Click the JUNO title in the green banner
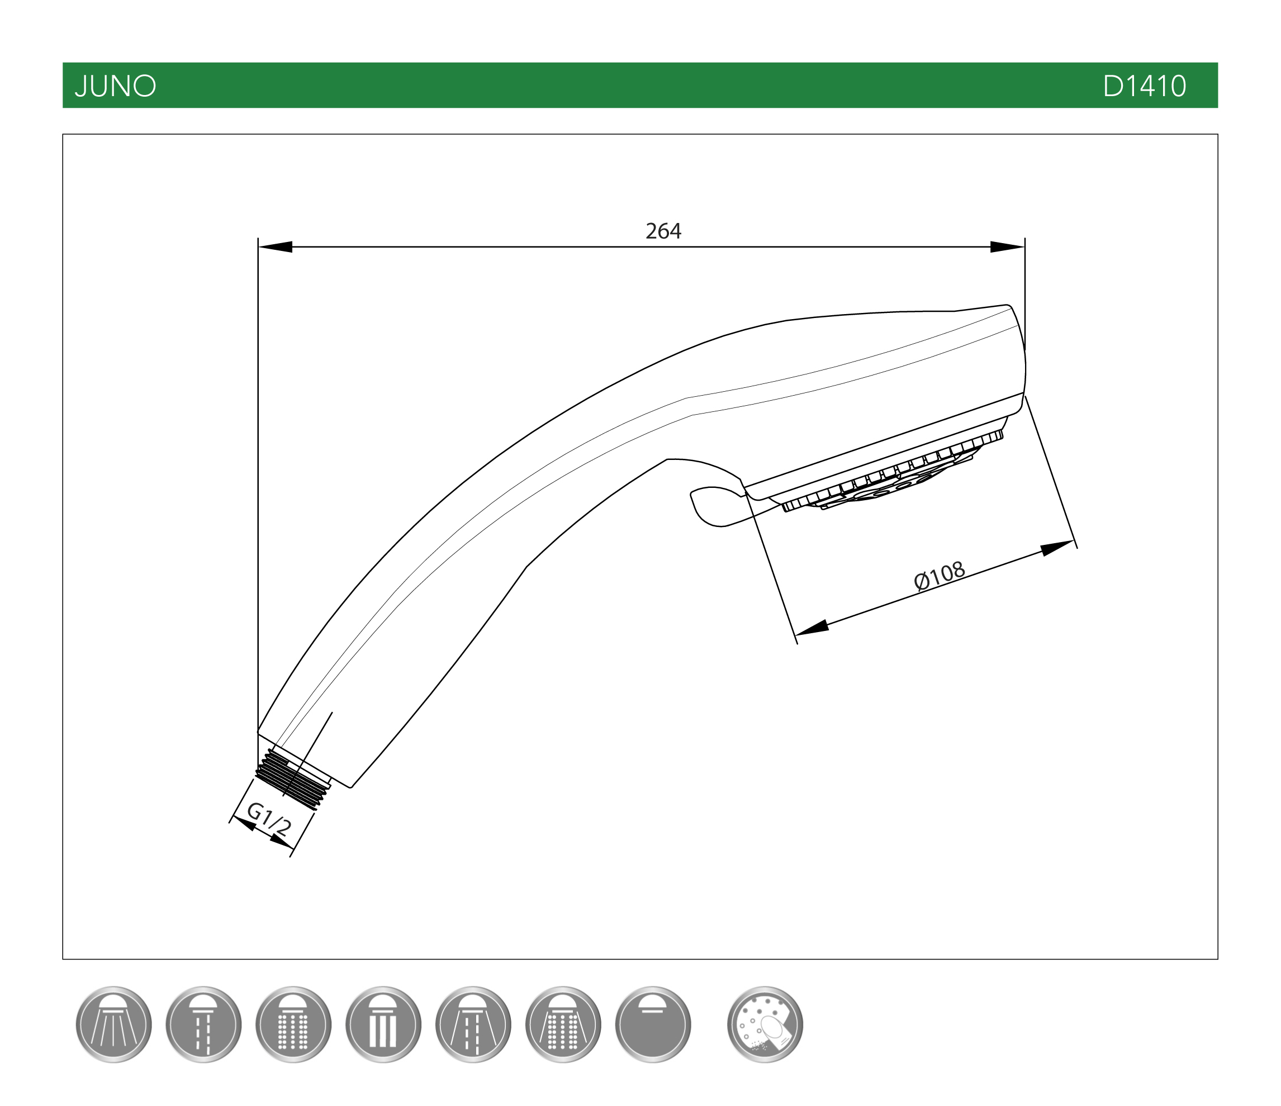click(115, 86)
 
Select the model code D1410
click(1145, 86)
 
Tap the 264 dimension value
click(663, 231)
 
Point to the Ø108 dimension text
click(939, 575)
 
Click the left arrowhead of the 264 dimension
click(275, 246)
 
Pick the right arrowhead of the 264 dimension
click(1007, 246)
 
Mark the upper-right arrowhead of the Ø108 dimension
click(1058, 548)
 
